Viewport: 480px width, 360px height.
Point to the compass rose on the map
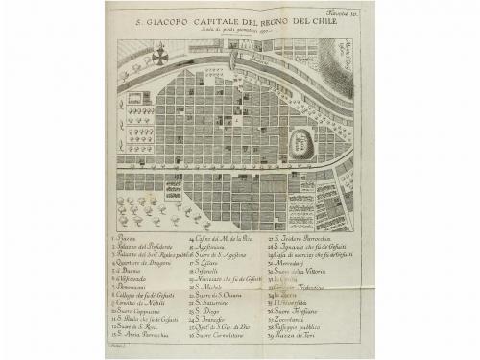coord(159,56)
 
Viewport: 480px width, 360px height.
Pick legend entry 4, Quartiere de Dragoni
coord(142,264)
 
